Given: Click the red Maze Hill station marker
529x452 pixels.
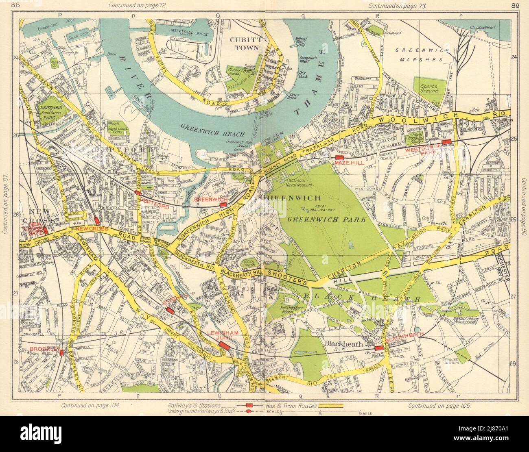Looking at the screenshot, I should pos(340,158).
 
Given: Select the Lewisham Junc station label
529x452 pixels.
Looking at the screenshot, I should pos(221,335).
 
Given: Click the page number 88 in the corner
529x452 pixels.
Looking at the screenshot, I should pos(15,5).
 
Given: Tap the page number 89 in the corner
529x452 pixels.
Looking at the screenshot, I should pos(513,5).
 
